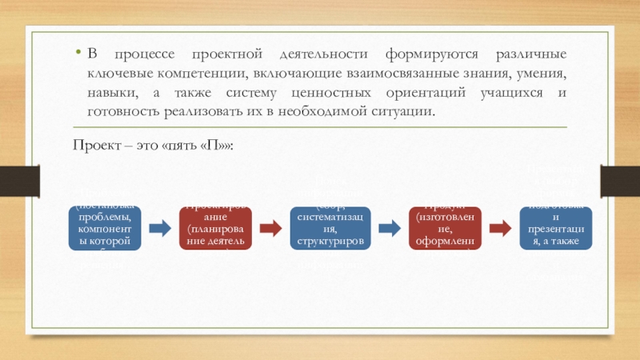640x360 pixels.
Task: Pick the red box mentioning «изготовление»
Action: pos(442,227)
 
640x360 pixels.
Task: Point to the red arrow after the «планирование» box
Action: pos(273,228)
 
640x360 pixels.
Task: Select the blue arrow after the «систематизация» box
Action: pos(389,228)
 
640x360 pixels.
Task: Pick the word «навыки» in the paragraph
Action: pos(112,93)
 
